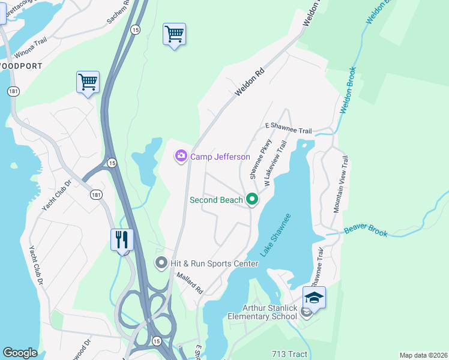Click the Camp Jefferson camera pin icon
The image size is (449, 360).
[181, 157]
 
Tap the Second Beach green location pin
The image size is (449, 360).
[252, 200]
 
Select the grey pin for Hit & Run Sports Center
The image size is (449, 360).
[161, 263]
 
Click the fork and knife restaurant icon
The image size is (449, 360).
[122, 239]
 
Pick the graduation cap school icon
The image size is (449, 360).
[314, 296]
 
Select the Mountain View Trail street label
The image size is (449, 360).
[341, 184]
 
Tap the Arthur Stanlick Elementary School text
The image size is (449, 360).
[262, 312]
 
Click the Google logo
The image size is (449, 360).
[20, 353]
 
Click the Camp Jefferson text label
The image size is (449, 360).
[220, 157]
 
